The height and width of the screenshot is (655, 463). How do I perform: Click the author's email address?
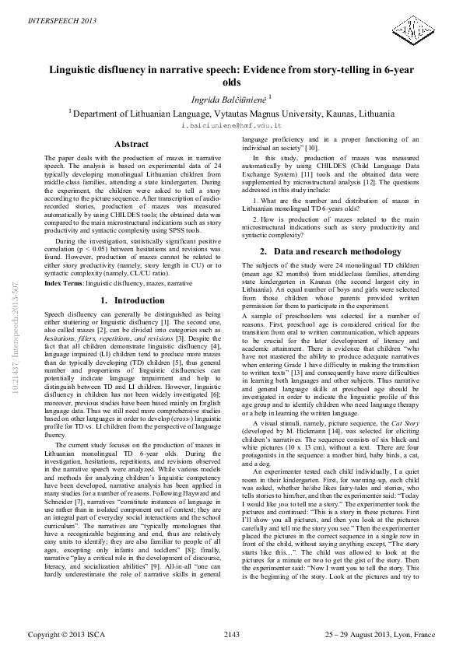[x=231, y=124]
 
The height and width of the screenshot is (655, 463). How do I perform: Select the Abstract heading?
[x=132, y=145]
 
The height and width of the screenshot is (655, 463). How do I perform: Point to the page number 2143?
[x=232, y=636]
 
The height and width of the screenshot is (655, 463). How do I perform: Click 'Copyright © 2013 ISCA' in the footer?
[x=64, y=636]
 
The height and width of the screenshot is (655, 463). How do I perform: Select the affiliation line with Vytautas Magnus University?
[x=231, y=113]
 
